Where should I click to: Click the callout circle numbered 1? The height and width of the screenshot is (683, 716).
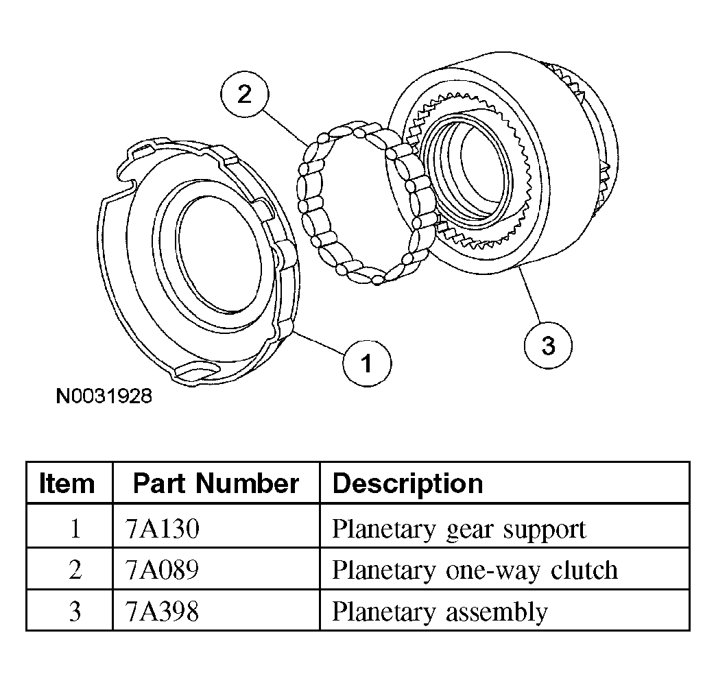pos(367,363)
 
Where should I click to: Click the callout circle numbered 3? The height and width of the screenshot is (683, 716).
pos(547,345)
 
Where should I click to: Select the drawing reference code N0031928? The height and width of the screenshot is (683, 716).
pos(104,396)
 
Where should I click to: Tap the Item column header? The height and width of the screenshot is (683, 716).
pos(67,483)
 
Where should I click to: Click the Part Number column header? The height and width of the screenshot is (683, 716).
pos(215,483)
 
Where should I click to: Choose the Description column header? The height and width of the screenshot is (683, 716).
pos(407,483)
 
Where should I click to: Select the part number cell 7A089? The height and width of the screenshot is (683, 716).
pos(163,570)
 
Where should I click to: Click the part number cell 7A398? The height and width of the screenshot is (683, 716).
pos(163,610)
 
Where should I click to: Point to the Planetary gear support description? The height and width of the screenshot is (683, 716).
pos(459,529)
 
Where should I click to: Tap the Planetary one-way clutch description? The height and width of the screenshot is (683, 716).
pos(475,570)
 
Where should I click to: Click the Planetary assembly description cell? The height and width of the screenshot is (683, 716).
pos(440,610)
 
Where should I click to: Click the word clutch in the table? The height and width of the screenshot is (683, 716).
pos(585,570)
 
